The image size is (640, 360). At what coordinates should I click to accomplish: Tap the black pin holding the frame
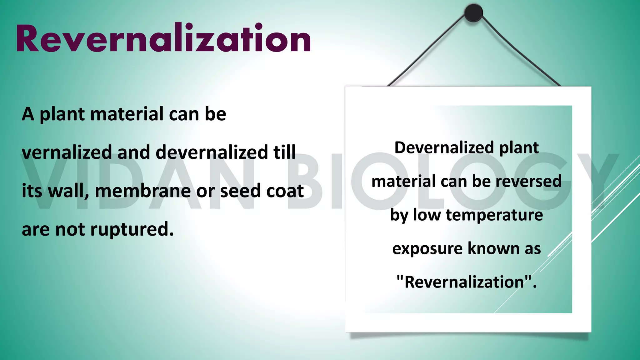tap(473, 13)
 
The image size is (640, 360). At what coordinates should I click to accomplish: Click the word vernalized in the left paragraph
tap(67, 152)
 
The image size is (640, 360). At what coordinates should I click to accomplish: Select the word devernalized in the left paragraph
tap(212, 152)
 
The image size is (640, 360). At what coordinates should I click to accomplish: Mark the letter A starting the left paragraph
tap(28, 114)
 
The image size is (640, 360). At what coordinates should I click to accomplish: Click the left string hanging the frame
tap(428, 50)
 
